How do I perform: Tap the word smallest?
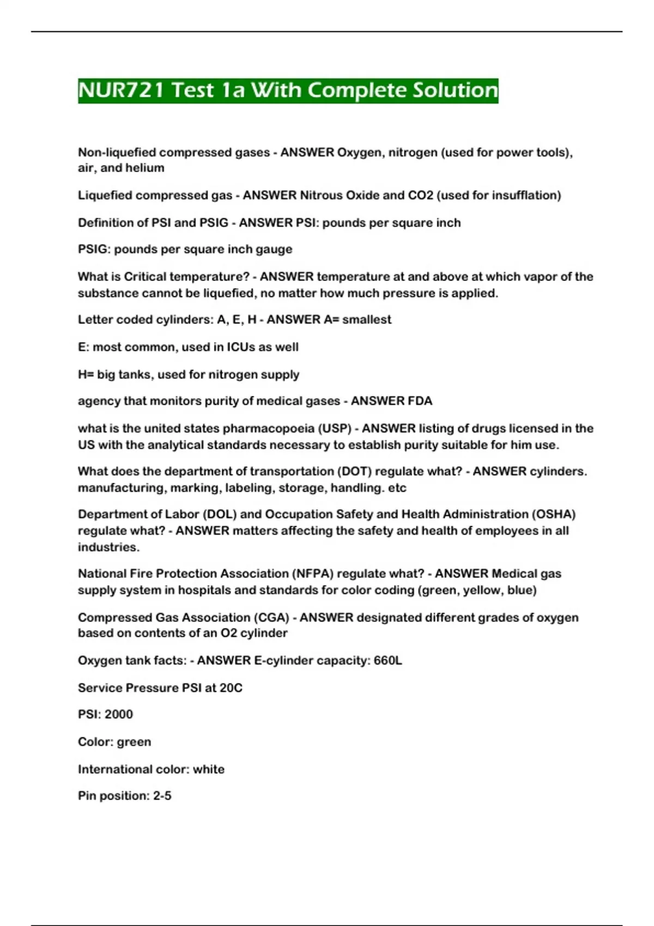pos(366,320)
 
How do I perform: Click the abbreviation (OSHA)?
pos(554,514)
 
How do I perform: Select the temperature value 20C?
pos(231,688)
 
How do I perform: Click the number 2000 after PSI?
pos(118,714)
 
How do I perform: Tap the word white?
pos(209,769)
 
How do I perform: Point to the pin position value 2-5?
pos(162,796)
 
